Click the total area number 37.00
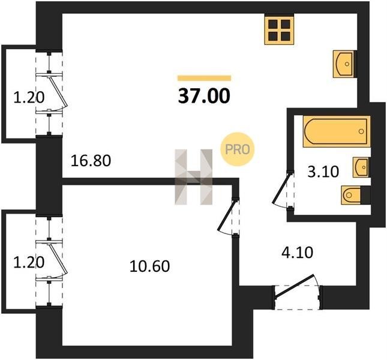tap(204, 96)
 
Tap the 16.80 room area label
tap(91, 161)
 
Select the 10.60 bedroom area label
tap(149, 266)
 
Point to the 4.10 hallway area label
tap(297, 253)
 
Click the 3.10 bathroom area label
tap(323, 172)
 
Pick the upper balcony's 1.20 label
tap(29, 97)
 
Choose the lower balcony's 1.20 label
tap(29, 262)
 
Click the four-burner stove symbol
tap(279, 30)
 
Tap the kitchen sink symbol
tap(344, 64)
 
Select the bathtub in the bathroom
tap(337, 131)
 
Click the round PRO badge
tap(237, 149)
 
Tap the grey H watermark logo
tap(193, 177)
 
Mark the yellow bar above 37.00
tap(204, 78)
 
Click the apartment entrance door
tap(294, 286)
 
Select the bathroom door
tap(282, 188)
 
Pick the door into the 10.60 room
tap(227, 215)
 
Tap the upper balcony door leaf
tap(58, 92)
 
